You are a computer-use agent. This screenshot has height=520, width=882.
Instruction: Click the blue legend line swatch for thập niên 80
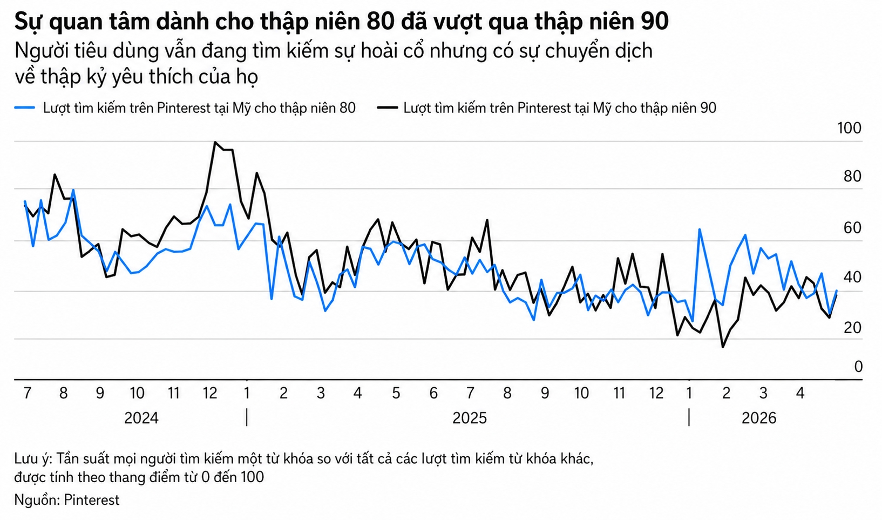pos(25,108)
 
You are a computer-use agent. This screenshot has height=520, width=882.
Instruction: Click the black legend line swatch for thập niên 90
pos(386,108)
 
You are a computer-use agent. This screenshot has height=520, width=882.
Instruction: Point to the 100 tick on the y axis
pos(849,129)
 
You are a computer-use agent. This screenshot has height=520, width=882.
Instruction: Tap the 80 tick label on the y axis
pos(852,177)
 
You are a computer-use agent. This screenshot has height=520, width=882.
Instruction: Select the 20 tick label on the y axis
pos(852,328)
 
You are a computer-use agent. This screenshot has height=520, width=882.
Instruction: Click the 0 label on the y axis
pos(858,367)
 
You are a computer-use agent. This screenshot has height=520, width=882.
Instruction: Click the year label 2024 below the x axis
pos(141,418)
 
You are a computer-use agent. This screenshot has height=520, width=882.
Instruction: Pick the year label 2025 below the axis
pos(470,418)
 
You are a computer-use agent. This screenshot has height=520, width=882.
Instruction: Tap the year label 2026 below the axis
pos(759,418)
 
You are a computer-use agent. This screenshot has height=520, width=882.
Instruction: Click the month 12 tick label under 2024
pos(210,393)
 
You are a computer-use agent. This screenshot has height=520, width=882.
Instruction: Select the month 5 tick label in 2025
pos(396,393)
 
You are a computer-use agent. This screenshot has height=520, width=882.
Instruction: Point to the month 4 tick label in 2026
pos(800,393)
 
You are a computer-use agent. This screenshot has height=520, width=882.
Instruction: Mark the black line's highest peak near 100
pos(215,143)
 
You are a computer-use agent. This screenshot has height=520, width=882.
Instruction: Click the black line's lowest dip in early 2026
pos(723,347)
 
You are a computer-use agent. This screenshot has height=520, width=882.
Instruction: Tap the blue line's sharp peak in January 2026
pos(700,229)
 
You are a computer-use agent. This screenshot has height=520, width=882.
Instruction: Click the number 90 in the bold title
pos(655,22)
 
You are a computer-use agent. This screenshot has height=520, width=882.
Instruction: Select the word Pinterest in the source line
pos(92,500)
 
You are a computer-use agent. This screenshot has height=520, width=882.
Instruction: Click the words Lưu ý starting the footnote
pos(32,459)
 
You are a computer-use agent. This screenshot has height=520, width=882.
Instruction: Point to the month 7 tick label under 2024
pos(27,393)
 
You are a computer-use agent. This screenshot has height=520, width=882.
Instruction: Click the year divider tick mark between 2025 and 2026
pos(689,418)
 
